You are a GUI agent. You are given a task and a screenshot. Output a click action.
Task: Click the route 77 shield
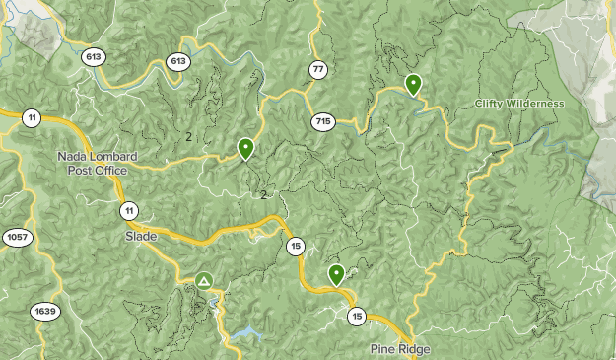point(317,69)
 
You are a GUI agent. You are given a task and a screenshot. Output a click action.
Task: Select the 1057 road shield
point(17,238)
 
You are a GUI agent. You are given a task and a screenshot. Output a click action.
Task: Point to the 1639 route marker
point(45,312)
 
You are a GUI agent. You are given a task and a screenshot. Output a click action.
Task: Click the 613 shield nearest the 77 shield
point(178,61)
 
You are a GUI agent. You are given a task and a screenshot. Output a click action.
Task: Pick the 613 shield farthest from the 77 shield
point(95,56)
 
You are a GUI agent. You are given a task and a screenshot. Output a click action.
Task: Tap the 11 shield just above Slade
point(129,210)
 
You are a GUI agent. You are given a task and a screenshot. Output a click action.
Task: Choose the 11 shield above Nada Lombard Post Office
point(33,118)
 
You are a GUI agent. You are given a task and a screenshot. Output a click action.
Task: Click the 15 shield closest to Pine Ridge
point(356,317)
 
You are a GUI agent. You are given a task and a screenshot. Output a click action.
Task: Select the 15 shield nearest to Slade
point(295,246)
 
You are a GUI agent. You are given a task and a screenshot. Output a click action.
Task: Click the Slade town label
point(141,237)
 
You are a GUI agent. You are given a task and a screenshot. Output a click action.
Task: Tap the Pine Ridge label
point(400,349)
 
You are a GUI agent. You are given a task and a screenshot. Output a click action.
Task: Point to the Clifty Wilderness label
point(519,104)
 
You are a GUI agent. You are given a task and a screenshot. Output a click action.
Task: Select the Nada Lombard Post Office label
point(98,164)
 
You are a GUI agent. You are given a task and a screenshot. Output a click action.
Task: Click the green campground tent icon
point(204,282)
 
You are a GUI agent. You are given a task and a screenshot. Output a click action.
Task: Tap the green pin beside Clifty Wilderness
point(414,85)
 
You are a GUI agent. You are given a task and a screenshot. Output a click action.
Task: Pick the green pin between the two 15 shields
point(336,274)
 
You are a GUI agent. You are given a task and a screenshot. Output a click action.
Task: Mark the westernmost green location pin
point(245,148)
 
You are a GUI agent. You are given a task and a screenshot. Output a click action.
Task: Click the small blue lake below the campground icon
point(247,333)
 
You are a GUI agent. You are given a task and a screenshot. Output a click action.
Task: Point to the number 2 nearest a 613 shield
point(188,136)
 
